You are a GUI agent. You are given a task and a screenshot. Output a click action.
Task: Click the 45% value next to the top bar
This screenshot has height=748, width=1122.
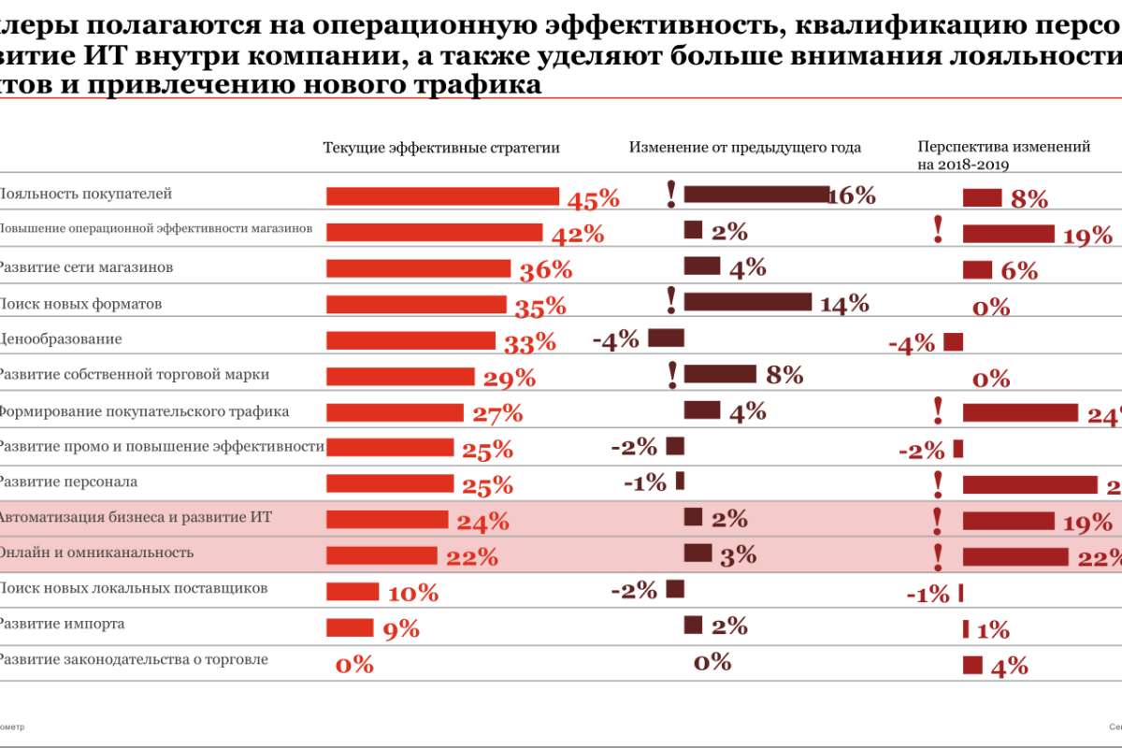pyautogui.click(x=594, y=199)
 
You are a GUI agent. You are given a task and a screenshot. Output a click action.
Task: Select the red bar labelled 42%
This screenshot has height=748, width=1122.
pyautogui.click(x=434, y=232)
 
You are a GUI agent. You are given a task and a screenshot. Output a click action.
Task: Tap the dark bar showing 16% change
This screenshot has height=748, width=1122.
pyautogui.click(x=755, y=194)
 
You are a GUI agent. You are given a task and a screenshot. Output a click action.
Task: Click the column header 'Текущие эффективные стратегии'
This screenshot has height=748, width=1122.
pyautogui.click(x=441, y=148)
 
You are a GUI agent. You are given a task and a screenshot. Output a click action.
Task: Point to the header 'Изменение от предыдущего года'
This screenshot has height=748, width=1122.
pyautogui.click(x=744, y=148)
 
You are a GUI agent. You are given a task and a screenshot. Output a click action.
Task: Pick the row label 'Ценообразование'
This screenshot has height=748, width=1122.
pyautogui.click(x=60, y=338)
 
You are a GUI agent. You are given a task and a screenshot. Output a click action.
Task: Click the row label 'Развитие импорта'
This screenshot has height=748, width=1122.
pyautogui.click(x=62, y=624)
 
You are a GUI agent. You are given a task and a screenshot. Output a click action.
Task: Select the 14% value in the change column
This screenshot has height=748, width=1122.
pyautogui.click(x=843, y=304)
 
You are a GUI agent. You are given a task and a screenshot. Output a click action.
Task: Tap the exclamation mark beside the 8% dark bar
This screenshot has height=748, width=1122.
pyautogui.click(x=671, y=374)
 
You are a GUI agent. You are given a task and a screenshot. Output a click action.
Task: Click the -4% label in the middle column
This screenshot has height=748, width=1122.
pyautogui.click(x=615, y=339)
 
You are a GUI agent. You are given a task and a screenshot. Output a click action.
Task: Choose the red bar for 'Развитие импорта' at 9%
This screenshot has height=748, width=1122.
pyautogui.click(x=350, y=626)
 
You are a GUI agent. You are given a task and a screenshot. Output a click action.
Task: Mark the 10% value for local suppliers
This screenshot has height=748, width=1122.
pyautogui.click(x=412, y=593)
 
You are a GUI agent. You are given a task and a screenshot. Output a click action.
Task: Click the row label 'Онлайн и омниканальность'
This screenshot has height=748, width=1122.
pyautogui.click(x=95, y=553)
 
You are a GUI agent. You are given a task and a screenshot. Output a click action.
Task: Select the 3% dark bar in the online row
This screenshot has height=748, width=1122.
pyautogui.click(x=698, y=553)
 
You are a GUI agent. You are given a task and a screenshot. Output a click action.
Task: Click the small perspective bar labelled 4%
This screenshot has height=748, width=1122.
pyautogui.click(x=972, y=665)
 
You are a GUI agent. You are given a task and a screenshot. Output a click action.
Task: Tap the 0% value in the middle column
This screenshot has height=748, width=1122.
pyautogui.click(x=712, y=663)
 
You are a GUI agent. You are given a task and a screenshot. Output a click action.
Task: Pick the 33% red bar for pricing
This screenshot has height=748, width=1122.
pyautogui.click(x=410, y=340)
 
